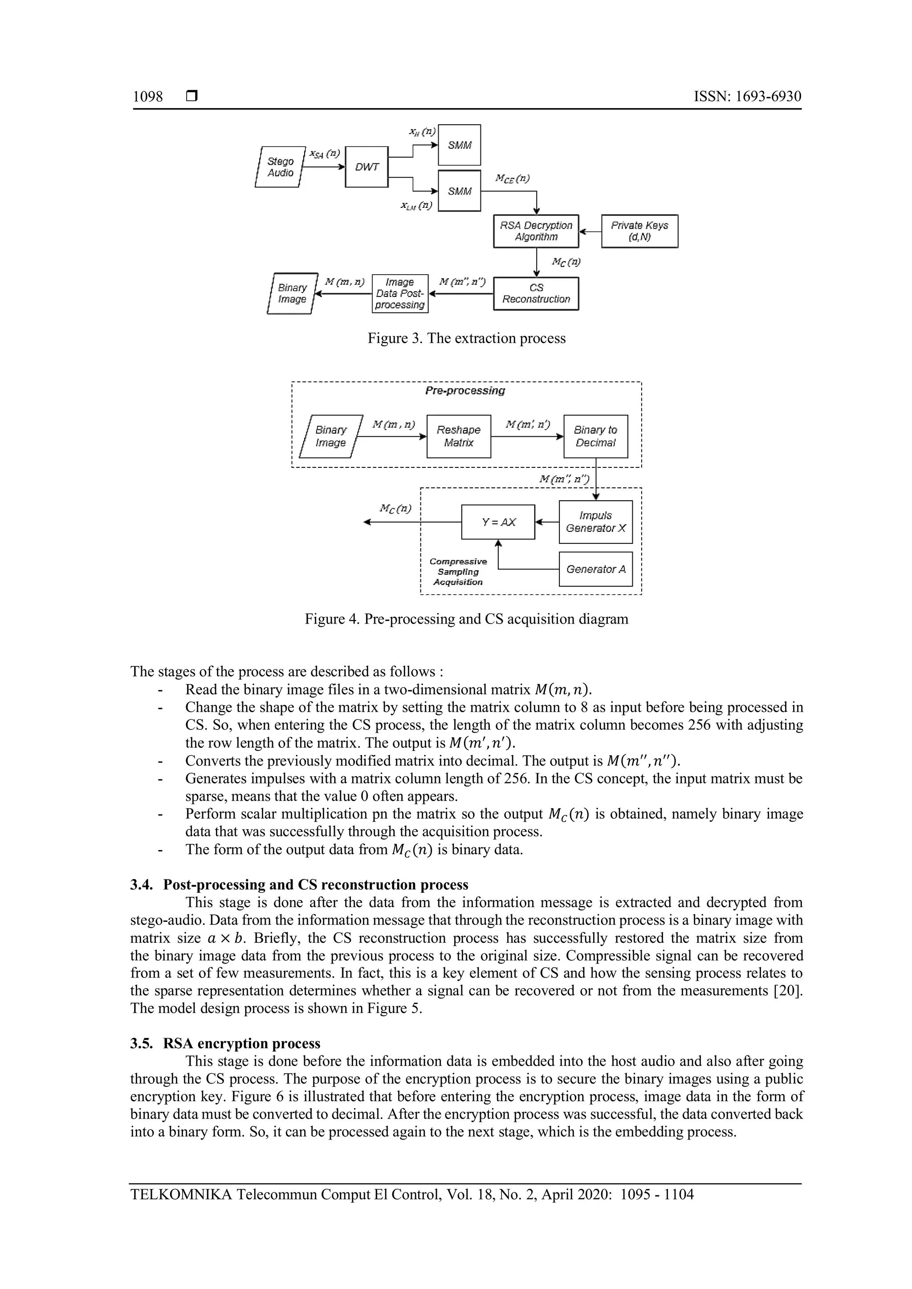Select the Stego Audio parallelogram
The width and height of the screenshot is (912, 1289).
click(x=280, y=167)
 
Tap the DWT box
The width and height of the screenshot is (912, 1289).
click(x=366, y=167)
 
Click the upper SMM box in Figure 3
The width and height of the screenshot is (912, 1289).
click(x=460, y=145)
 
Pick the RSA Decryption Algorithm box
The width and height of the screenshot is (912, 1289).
click(x=536, y=231)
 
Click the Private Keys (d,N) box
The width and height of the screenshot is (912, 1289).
click(x=639, y=231)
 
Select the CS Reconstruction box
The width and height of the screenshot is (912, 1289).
click(x=536, y=293)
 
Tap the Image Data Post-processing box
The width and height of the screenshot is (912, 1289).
click(x=400, y=293)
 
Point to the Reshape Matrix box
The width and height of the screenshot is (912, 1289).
click(x=458, y=436)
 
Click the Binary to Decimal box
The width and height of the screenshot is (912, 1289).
click(x=595, y=436)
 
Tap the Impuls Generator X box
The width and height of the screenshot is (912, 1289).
click(x=595, y=522)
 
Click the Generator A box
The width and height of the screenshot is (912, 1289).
click(x=595, y=569)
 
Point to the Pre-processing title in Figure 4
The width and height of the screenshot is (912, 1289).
click(x=465, y=391)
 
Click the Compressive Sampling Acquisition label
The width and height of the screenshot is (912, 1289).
click(x=458, y=572)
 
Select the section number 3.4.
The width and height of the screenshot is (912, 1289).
click(x=141, y=885)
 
